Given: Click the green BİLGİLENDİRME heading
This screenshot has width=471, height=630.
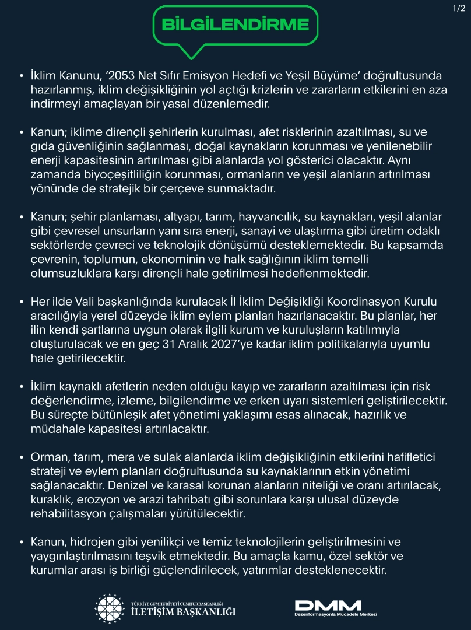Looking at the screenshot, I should [x=235, y=24].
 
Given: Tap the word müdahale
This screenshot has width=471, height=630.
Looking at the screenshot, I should [x=57, y=429].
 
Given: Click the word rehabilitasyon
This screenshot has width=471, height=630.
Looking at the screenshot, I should [x=68, y=513].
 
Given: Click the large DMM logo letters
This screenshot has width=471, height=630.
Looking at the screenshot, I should [x=328, y=605].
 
